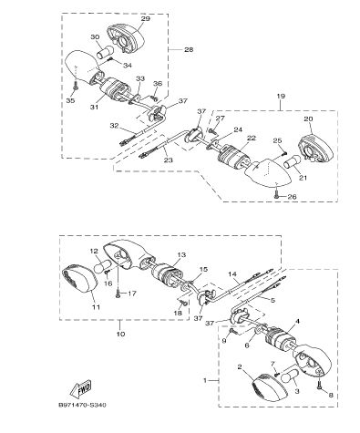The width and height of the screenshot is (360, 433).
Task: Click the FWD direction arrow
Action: (80, 389)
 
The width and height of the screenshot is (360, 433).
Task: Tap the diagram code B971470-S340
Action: (82, 405)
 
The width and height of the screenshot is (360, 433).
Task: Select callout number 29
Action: (146, 19)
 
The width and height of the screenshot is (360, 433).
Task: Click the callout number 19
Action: (281, 96)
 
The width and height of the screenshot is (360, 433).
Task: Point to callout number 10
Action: (120, 334)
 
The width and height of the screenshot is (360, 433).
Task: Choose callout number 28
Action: (189, 49)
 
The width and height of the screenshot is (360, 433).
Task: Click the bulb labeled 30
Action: (105, 52)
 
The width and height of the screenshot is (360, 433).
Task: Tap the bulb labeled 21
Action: (292, 163)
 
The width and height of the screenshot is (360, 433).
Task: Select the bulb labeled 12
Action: (102, 266)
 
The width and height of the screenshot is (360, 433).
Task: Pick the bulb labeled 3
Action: (290, 376)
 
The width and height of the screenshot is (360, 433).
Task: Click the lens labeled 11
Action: (79, 279)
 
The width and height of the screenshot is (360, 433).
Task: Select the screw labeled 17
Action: (118, 294)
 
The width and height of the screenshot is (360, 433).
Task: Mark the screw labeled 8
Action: (319, 386)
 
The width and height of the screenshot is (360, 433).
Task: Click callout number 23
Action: (168, 160)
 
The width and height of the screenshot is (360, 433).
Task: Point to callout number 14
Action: (232, 274)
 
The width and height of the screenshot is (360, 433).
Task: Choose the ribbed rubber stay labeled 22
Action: (233, 157)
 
